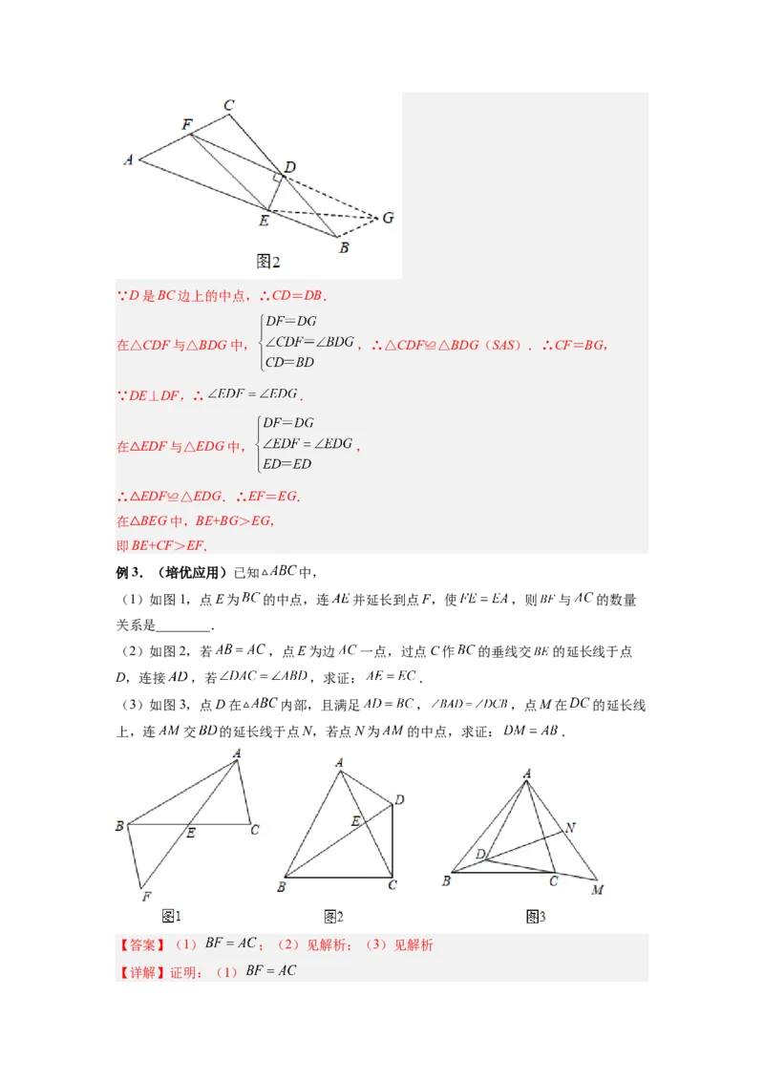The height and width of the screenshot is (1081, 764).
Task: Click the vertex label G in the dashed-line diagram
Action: [388, 218]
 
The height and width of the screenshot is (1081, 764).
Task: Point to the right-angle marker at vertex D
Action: [277, 178]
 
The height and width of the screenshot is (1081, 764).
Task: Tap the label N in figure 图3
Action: [570, 827]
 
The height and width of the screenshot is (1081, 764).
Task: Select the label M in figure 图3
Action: [597, 890]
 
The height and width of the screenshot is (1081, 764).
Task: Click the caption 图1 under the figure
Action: [171, 917]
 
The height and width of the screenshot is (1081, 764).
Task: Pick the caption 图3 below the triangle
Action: [535, 917]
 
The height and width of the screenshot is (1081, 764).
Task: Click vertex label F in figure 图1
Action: [146, 896]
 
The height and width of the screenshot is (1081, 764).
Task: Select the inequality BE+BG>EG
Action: [234, 521]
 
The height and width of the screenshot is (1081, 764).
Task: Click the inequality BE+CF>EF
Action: [168, 545]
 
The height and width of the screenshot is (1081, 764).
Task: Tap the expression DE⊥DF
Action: [154, 394]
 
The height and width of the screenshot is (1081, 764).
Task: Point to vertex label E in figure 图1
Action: [190, 834]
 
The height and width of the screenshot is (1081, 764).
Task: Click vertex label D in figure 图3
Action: [480, 852]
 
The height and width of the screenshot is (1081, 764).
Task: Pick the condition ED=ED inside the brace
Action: [287, 464]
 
